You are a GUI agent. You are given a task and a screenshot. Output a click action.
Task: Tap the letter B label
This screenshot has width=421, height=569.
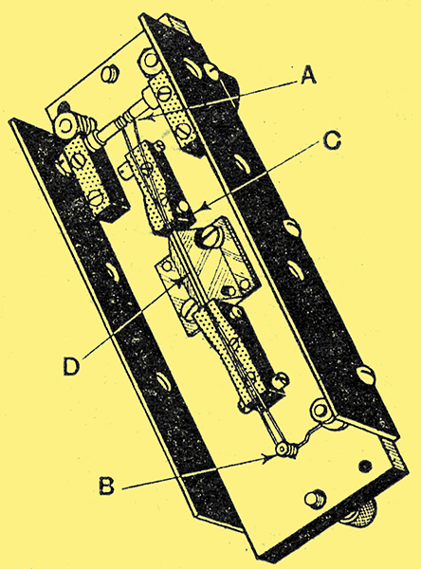[x=107, y=486]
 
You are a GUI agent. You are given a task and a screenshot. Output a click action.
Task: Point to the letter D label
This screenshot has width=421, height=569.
[x=71, y=365]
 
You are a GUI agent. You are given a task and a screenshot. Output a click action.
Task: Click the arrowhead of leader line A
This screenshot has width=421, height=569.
[x=150, y=117]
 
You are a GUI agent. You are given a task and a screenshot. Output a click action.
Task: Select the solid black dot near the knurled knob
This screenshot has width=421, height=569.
[x=365, y=466]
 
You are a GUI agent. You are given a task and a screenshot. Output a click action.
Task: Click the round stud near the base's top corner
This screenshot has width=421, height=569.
[x=108, y=74]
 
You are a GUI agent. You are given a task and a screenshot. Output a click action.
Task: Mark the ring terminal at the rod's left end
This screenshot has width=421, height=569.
[x=66, y=126]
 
